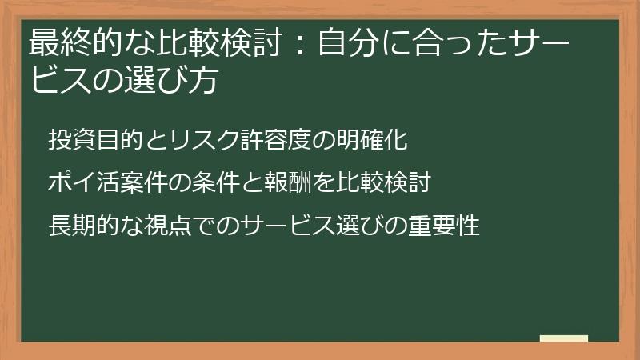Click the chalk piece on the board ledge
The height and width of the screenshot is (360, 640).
[x=564, y=338]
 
